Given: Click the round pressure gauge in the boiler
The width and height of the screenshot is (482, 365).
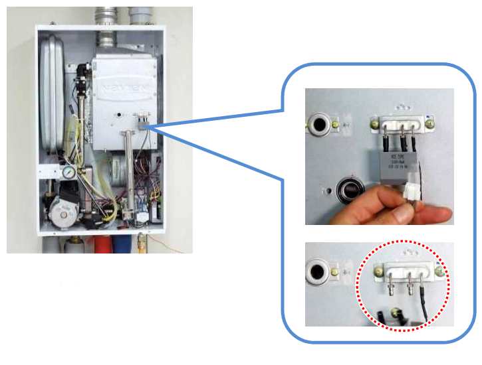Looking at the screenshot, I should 68,171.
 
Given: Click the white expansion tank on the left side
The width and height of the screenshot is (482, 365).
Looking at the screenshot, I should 51,86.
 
